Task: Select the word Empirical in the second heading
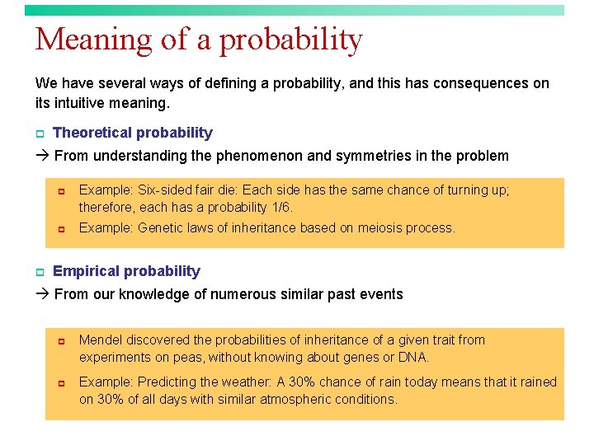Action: coord(84,271)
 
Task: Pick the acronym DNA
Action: coord(415,358)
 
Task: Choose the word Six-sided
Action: coord(168,190)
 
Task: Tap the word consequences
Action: coord(482,83)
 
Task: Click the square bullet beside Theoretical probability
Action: coord(39,133)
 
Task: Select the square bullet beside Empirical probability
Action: coord(39,272)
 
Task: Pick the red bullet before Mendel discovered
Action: coord(61,340)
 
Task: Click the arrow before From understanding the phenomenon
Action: coord(42,156)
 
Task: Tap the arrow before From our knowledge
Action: coord(42,294)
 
